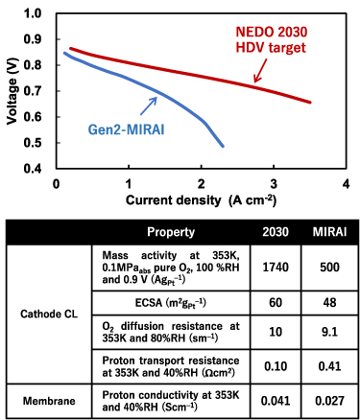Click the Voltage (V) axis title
(11, 91)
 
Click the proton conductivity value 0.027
(325, 397)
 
